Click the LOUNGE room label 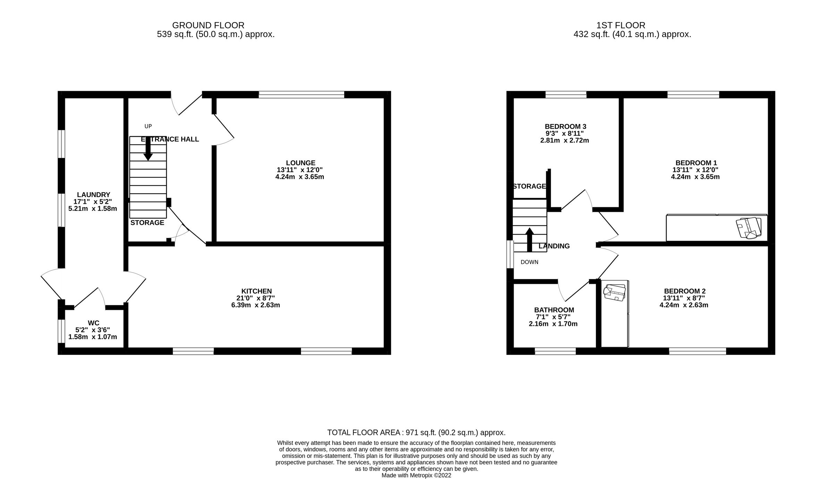pos(301,163)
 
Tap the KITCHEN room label pos(256,291)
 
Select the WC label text pos(93,323)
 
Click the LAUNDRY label pos(93,195)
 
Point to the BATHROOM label pos(554,310)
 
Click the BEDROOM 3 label pos(565,127)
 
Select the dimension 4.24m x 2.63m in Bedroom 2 pos(684,305)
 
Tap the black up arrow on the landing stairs pos(529,239)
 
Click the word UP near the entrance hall pos(148,126)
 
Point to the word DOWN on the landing pos(529,262)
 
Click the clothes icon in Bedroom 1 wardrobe pos(749,228)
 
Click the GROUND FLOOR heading pos(208,25)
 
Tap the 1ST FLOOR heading pos(621,25)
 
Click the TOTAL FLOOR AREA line pos(416,433)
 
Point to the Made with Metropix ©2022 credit pos(416,475)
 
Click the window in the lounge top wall pos(301,94)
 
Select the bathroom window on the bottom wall pos(555,351)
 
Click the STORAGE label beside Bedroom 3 pos(529,186)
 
